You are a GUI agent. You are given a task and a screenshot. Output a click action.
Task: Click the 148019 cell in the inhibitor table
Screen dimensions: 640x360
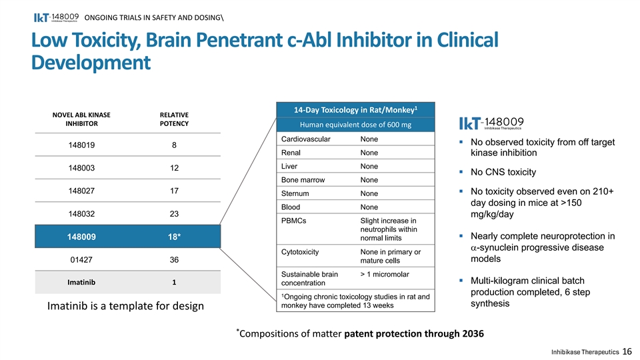(81, 145)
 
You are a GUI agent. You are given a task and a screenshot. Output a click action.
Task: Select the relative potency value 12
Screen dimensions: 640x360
(174, 168)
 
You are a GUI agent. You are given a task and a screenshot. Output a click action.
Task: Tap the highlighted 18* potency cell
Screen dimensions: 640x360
(174, 237)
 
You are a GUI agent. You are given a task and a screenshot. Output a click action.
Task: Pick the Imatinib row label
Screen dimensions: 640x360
(81, 282)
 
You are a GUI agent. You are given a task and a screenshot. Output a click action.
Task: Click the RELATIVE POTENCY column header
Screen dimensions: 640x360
(174, 119)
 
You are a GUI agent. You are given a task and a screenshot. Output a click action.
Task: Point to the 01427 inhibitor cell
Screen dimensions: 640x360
(81, 259)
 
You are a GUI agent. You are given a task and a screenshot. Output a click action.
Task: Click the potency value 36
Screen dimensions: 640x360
(174, 259)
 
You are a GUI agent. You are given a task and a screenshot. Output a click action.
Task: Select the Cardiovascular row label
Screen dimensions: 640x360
(306, 139)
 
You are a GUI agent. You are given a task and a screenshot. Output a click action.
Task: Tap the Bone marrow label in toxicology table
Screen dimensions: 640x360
(303, 180)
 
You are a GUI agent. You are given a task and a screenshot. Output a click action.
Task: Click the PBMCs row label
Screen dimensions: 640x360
(293, 221)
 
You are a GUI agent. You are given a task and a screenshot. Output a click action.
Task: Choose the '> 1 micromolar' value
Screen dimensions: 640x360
(385, 274)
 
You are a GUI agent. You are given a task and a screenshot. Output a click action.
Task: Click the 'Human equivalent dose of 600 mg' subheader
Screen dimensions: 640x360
(355, 125)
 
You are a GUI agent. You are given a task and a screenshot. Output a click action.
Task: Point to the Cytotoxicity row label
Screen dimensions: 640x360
(300, 252)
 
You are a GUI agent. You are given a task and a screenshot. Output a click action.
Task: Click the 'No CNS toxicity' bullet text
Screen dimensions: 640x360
(503, 172)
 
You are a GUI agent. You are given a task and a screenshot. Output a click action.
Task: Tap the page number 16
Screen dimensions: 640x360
(627, 351)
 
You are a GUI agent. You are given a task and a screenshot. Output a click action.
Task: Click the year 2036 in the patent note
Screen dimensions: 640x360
(473, 334)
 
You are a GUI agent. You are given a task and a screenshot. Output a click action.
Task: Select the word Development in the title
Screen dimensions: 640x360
(91, 63)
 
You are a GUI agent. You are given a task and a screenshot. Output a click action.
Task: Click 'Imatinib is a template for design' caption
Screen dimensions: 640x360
(125, 306)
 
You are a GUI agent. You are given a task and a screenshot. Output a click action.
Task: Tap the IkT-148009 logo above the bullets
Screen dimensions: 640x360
(491, 123)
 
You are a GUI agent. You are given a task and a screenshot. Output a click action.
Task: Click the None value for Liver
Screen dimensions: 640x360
(369, 167)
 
